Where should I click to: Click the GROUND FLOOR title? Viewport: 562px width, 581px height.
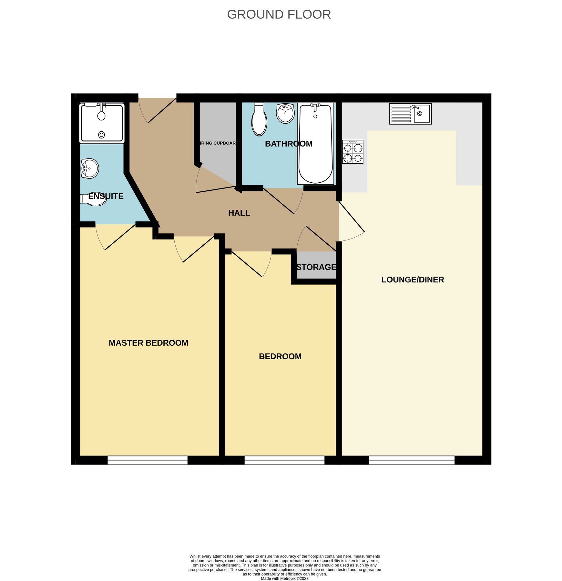pyautogui.click(x=279, y=15)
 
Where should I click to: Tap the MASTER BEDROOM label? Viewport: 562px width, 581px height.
pyautogui.click(x=148, y=343)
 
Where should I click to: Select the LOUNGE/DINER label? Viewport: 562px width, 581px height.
pyautogui.click(x=413, y=280)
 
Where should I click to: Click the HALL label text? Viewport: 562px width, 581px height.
pyautogui.click(x=239, y=213)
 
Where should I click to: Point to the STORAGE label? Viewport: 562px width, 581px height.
pyautogui.click(x=316, y=267)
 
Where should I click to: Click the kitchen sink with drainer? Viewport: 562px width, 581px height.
pyautogui.click(x=410, y=114)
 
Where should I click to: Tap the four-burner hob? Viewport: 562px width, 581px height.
pyautogui.click(x=353, y=152)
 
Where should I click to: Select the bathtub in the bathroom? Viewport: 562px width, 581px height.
pyautogui.click(x=315, y=144)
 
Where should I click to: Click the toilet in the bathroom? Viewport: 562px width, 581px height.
pyautogui.click(x=259, y=119)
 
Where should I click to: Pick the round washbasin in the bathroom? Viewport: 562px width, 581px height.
pyautogui.click(x=285, y=113)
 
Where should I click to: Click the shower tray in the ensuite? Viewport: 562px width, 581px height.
pyautogui.click(x=102, y=123)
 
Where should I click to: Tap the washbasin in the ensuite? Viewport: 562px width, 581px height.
pyautogui.click(x=89, y=168)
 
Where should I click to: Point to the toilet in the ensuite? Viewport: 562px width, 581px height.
pyautogui.click(x=93, y=199)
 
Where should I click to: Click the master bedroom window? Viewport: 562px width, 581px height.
pyautogui.click(x=147, y=460)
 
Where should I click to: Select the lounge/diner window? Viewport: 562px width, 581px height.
pyautogui.click(x=412, y=460)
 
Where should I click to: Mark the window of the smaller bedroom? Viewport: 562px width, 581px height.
pyautogui.click(x=284, y=460)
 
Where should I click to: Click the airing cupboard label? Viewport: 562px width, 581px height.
pyautogui.click(x=218, y=143)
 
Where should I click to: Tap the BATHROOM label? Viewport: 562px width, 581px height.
pyautogui.click(x=289, y=144)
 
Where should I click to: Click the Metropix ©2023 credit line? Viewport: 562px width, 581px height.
pyautogui.click(x=284, y=578)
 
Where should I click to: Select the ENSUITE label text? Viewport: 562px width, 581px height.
pyautogui.click(x=106, y=196)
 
